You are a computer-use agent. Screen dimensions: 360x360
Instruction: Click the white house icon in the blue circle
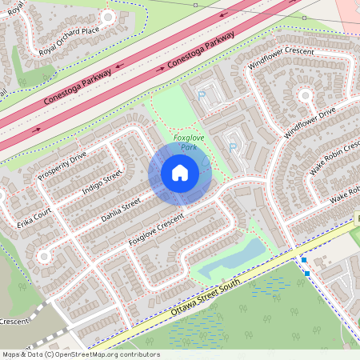click(180, 172)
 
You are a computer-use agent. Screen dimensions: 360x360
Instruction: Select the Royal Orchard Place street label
click(69, 42)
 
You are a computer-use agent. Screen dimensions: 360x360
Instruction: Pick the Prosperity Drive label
click(62, 165)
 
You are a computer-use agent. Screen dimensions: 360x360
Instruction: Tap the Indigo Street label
click(102, 185)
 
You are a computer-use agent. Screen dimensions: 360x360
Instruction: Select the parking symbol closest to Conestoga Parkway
click(202, 95)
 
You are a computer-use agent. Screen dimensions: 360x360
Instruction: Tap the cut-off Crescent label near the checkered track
click(14, 322)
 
